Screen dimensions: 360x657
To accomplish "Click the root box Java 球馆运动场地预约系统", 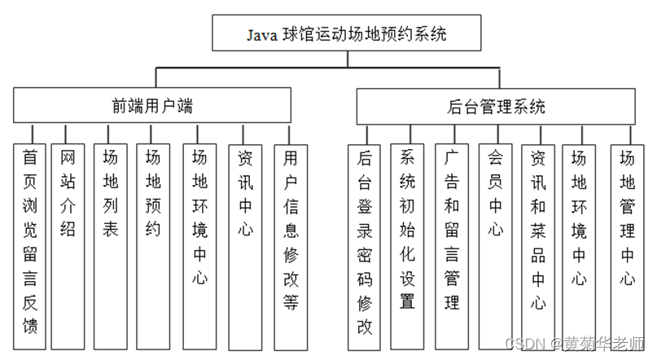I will pos(349,35).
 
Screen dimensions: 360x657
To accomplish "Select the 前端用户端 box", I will pos(152,106).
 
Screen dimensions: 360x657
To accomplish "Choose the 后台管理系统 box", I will pos(496,107).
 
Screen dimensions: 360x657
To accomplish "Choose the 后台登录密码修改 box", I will pos(364,244).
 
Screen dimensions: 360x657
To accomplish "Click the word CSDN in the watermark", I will pos(519,344).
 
